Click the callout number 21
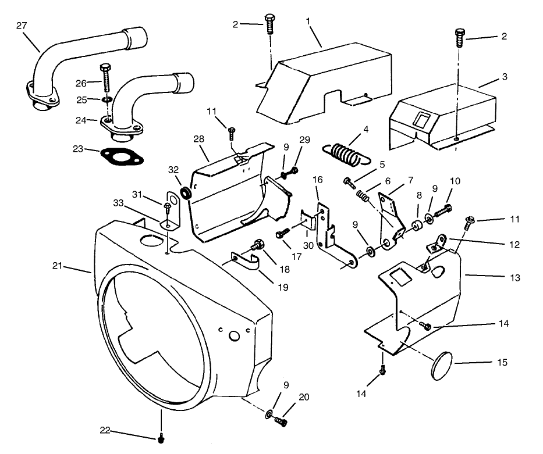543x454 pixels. click(x=57, y=266)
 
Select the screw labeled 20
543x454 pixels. click(x=283, y=420)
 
